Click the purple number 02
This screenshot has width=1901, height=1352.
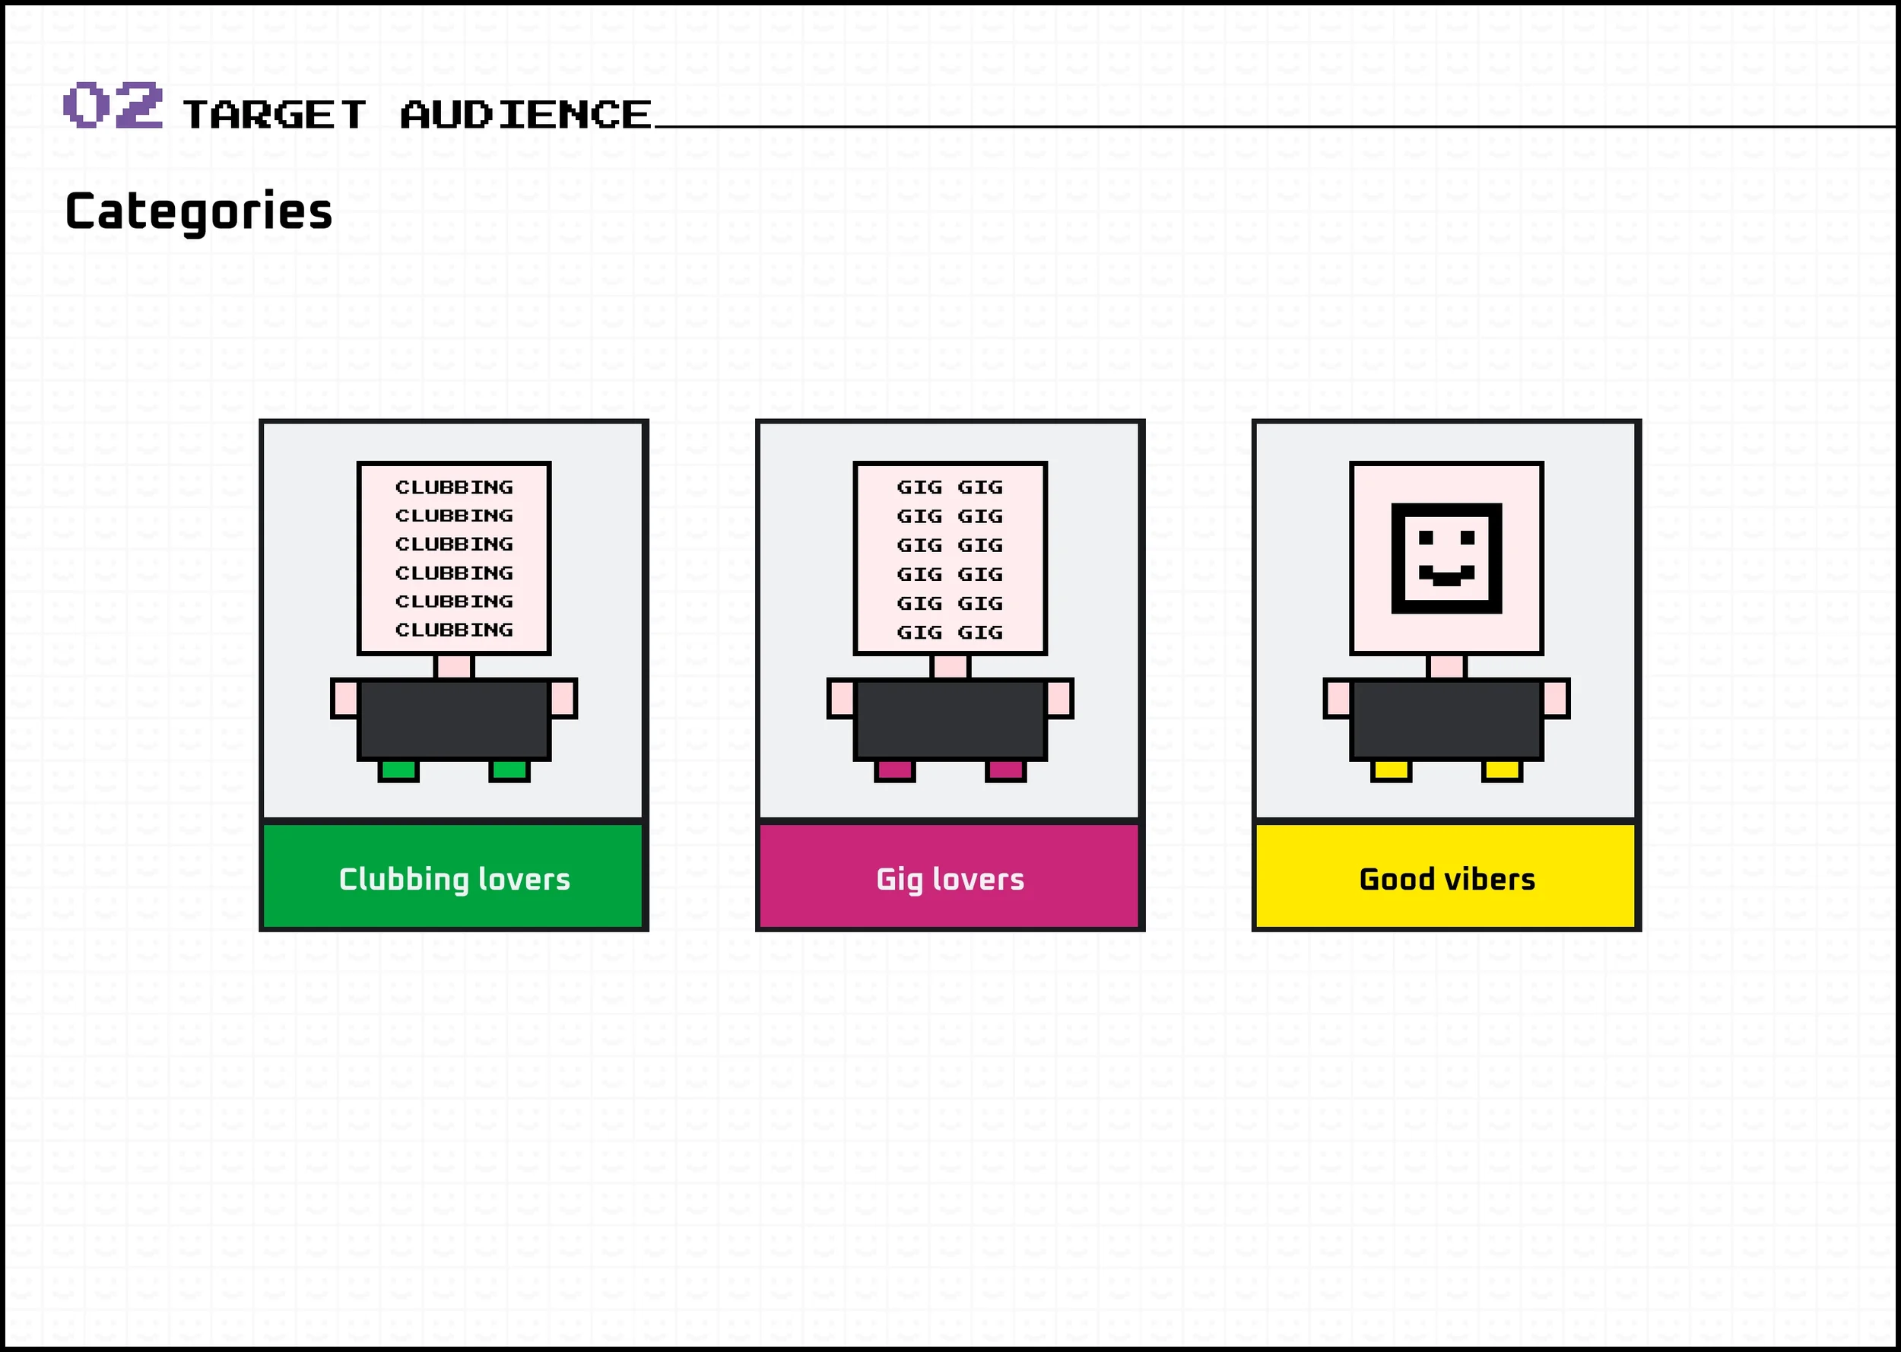tap(113, 105)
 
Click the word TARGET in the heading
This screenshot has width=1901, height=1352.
tap(274, 115)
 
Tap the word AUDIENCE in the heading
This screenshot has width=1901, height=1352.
tap(526, 115)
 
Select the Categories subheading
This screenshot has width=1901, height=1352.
tap(199, 211)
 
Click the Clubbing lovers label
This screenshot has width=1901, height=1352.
tap(455, 879)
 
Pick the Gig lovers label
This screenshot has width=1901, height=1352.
tap(950, 879)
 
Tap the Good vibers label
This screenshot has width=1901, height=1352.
tap(1446, 879)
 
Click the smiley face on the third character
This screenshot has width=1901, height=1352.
tap(1446, 559)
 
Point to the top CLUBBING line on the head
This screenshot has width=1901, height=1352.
tap(455, 487)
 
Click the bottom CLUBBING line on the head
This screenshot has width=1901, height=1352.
tap(455, 630)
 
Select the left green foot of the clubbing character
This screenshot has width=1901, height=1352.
tap(398, 770)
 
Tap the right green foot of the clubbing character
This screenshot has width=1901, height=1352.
tap(509, 770)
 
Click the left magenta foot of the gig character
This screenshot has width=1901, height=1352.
tap(895, 770)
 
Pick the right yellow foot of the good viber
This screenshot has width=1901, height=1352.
tap(1503, 770)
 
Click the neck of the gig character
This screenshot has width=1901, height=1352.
tap(950, 666)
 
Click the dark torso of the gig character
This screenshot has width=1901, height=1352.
tap(950, 719)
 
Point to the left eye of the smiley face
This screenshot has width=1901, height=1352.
tap(1426, 538)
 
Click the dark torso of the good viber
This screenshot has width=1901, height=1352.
tap(1446, 719)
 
